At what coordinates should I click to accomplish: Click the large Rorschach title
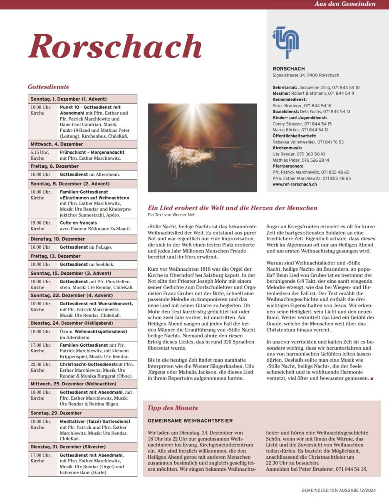pyautogui.click(x=115, y=46)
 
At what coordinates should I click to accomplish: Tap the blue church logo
pyautogui.click(x=286, y=42)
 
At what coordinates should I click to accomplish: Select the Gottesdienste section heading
pyautogui.click(x=49, y=87)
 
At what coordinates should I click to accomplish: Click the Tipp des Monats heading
pyautogui.click(x=172, y=408)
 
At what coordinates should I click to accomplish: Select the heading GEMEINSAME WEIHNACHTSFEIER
pyautogui.click(x=190, y=421)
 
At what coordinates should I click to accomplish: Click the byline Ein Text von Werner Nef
pyautogui.click(x=171, y=215)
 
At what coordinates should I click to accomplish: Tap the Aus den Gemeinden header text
pyautogui.click(x=345, y=4)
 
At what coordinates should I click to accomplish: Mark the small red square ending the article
pyautogui.click(x=371, y=379)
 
